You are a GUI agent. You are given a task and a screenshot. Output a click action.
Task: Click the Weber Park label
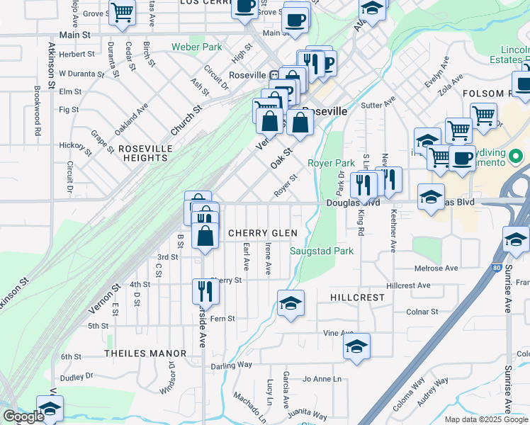tap(196, 47)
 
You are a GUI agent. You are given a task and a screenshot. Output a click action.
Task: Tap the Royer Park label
tap(331, 163)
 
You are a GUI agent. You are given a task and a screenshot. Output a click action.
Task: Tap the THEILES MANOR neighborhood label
tap(145, 353)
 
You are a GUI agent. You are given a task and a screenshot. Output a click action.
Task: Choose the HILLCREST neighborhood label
tap(357, 298)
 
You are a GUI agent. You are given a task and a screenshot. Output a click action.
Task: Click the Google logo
tap(23, 416)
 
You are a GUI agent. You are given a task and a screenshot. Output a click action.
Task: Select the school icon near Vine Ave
tap(357, 346)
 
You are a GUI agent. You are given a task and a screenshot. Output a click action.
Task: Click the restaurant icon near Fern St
tap(203, 291)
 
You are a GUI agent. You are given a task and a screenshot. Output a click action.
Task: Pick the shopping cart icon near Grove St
tap(122, 11)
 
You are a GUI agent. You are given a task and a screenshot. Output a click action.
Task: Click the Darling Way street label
tap(231, 365)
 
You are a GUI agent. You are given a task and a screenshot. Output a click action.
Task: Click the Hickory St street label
tap(76, 148)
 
